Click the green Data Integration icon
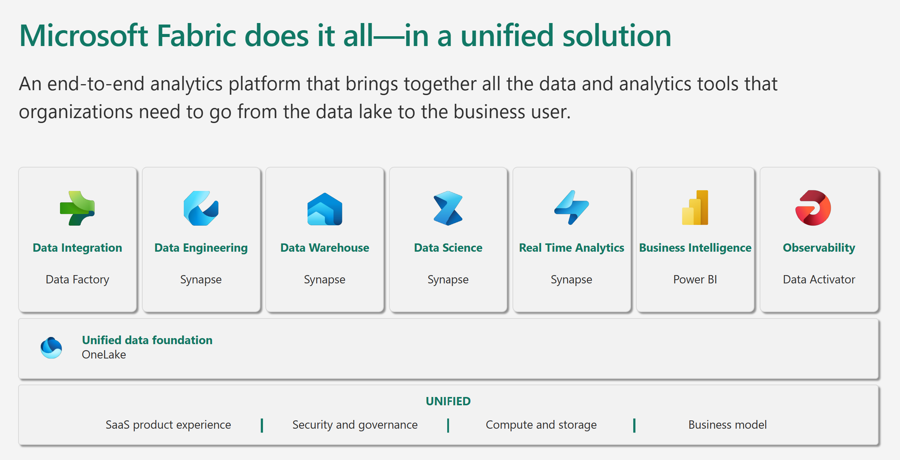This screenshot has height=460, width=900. [77, 208]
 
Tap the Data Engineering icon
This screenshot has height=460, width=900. [201, 208]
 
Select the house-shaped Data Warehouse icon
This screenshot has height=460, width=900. [325, 209]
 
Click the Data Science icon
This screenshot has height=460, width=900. [448, 208]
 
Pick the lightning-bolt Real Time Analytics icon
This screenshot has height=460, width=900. [571, 208]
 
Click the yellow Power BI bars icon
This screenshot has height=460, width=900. [695, 208]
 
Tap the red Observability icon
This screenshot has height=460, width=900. [813, 208]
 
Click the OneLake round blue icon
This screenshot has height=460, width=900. [51, 348]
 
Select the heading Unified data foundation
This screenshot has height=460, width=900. [147, 340]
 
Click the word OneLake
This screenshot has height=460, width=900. [104, 355]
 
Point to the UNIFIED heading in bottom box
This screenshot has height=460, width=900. [448, 401]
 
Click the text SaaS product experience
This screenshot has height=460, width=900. [168, 425]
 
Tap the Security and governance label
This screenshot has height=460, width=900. [355, 425]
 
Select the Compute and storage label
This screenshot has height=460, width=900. [541, 425]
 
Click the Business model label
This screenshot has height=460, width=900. [727, 425]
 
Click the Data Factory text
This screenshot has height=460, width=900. [77, 279]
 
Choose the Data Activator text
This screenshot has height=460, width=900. [818, 279]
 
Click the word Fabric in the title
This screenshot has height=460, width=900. [196, 36]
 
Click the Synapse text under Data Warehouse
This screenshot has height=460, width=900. [325, 280]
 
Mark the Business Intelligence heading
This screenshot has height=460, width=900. [695, 248]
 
